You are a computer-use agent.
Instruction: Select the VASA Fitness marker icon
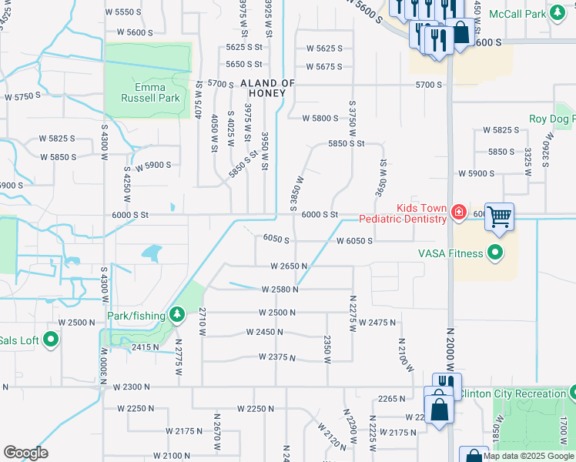tap(495, 253)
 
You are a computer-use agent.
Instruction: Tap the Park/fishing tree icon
tap(178, 315)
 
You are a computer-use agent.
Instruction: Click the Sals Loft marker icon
tap(51, 340)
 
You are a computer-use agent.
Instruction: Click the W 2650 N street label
tap(289, 266)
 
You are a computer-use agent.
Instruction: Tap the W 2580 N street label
tap(280, 290)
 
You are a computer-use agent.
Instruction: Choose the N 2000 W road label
tap(451, 354)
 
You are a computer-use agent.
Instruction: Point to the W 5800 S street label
tap(320, 119)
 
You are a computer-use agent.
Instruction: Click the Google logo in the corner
tap(25, 453)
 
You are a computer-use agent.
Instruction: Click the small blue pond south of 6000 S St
tap(152, 252)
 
